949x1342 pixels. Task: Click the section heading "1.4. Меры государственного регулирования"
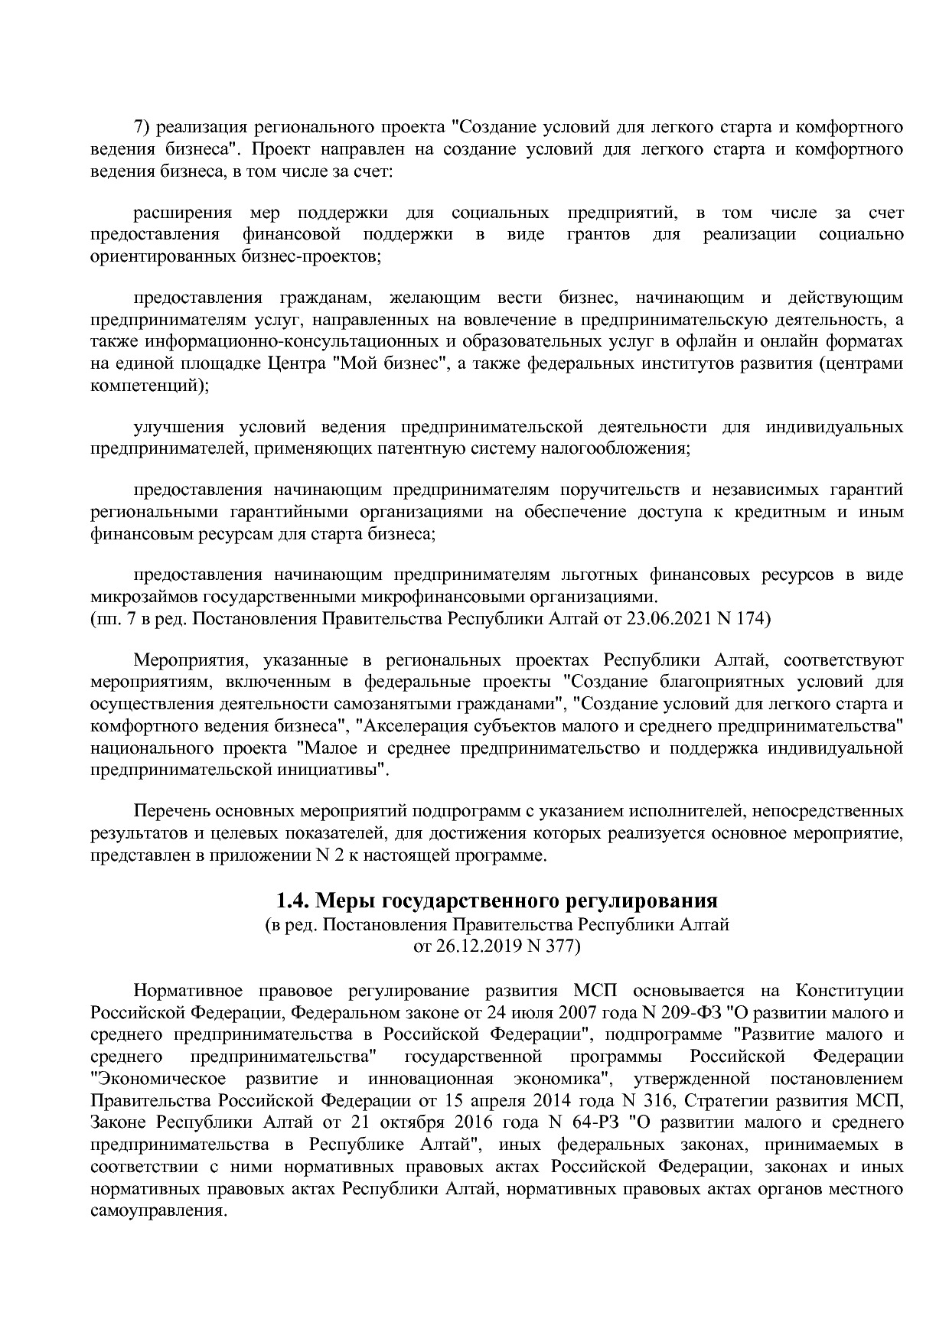coord(497,899)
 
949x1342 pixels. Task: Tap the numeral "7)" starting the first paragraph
coord(144,126)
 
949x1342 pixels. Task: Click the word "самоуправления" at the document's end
coord(158,1213)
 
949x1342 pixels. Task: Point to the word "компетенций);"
coord(149,385)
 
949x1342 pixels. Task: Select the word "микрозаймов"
coord(137,596)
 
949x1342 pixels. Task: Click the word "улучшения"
coord(178,426)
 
